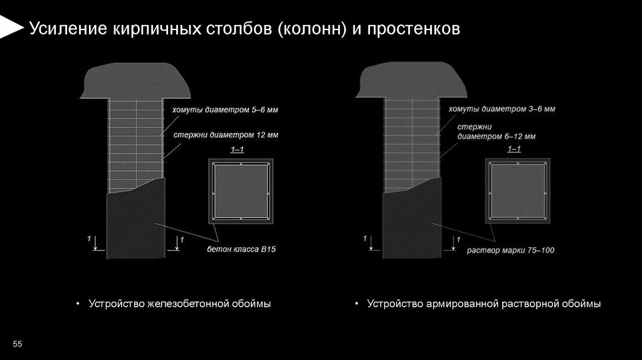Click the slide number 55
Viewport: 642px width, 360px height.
click(x=17, y=344)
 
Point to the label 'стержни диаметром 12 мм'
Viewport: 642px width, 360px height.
click(x=225, y=134)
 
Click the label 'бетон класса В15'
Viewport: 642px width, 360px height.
click(x=241, y=249)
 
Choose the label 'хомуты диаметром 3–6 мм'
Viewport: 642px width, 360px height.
click(x=502, y=109)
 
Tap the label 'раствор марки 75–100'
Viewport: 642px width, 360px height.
click(x=510, y=250)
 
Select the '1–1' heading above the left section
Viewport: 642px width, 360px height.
click(x=238, y=150)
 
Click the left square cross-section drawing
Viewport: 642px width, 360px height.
click(x=241, y=191)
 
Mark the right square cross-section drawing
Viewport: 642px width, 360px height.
click(x=518, y=191)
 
